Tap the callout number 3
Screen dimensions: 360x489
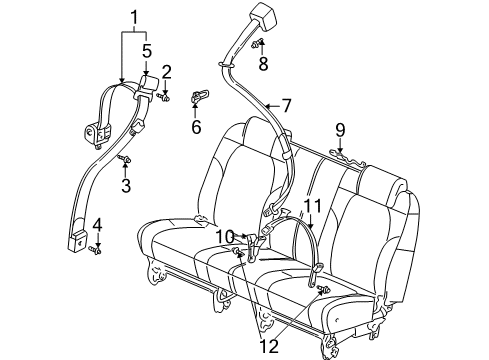pos(126,185)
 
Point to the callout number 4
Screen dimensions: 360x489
pos(97,225)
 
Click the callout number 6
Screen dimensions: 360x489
pos(196,126)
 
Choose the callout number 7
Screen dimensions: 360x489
pos(285,105)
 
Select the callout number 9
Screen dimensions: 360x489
pos(340,129)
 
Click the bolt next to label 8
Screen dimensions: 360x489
pos(258,44)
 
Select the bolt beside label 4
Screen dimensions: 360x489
pos(95,248)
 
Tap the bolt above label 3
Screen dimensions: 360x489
pos(124,159)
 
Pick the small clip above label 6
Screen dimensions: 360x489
pos(199,95)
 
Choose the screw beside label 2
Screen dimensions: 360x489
pos(166,96)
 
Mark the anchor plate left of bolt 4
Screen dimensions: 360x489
pos(75,240)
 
